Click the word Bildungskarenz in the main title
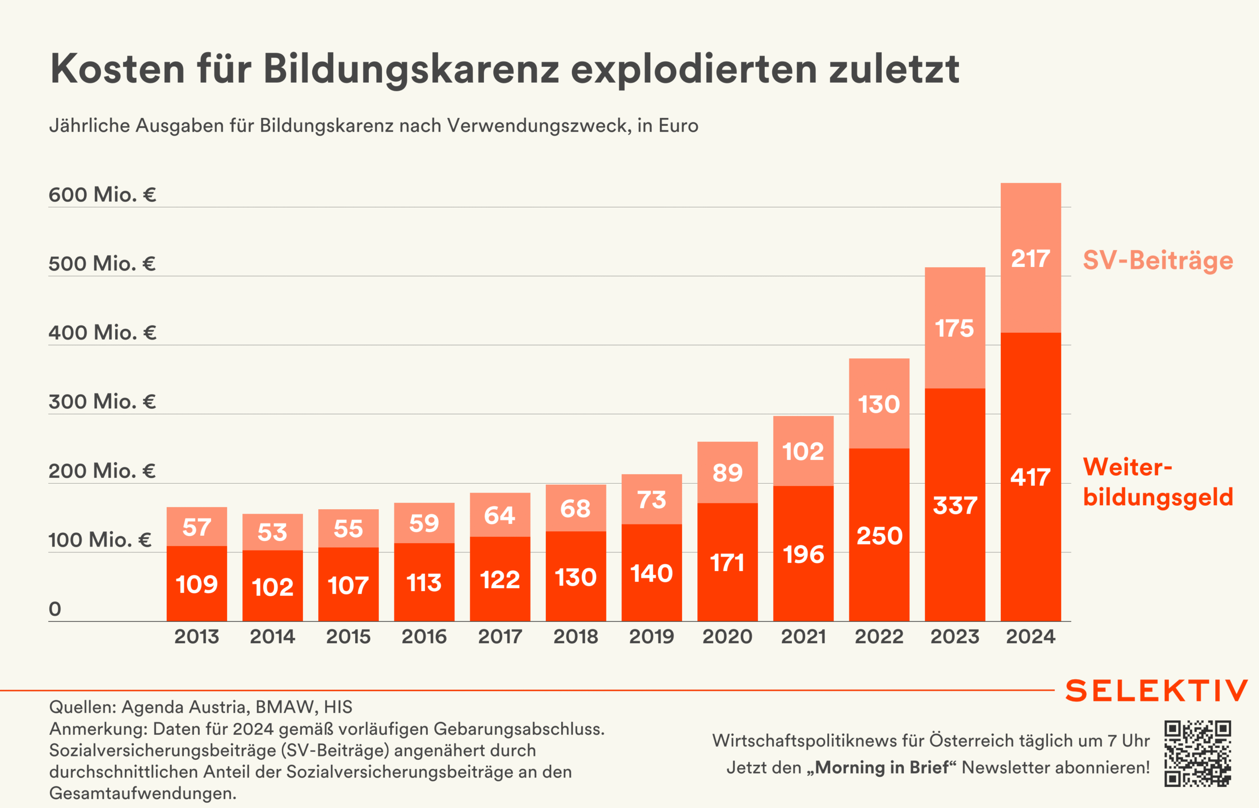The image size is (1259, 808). tap(411, 69)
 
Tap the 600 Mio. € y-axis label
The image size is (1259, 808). tap(102, 195)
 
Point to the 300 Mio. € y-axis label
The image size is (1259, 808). tap(102, 402)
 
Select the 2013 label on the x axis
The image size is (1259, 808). tap(196, 636)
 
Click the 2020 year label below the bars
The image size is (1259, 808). tap(727, 636)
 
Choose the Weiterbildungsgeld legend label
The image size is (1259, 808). tap(1158, 482)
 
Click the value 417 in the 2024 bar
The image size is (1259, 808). tap(1031, 477)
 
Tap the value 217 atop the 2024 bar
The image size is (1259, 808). tap(1031, 259)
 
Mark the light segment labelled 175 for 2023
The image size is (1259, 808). tap(955, 328)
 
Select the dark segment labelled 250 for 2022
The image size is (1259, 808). tap(879, 536)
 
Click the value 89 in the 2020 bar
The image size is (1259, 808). tap(727, 473)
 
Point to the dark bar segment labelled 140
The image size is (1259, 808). tap(652, 573)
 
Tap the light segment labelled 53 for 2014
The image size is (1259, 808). tap(272, 532)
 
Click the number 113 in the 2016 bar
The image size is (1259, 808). tap(424, 582)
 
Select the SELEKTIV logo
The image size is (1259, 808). tap(1157, 691)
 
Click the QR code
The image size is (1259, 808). tap(1198, 753)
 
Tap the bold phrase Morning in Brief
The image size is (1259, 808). tap(882, 768)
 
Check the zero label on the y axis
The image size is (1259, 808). tap(55, 609)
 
